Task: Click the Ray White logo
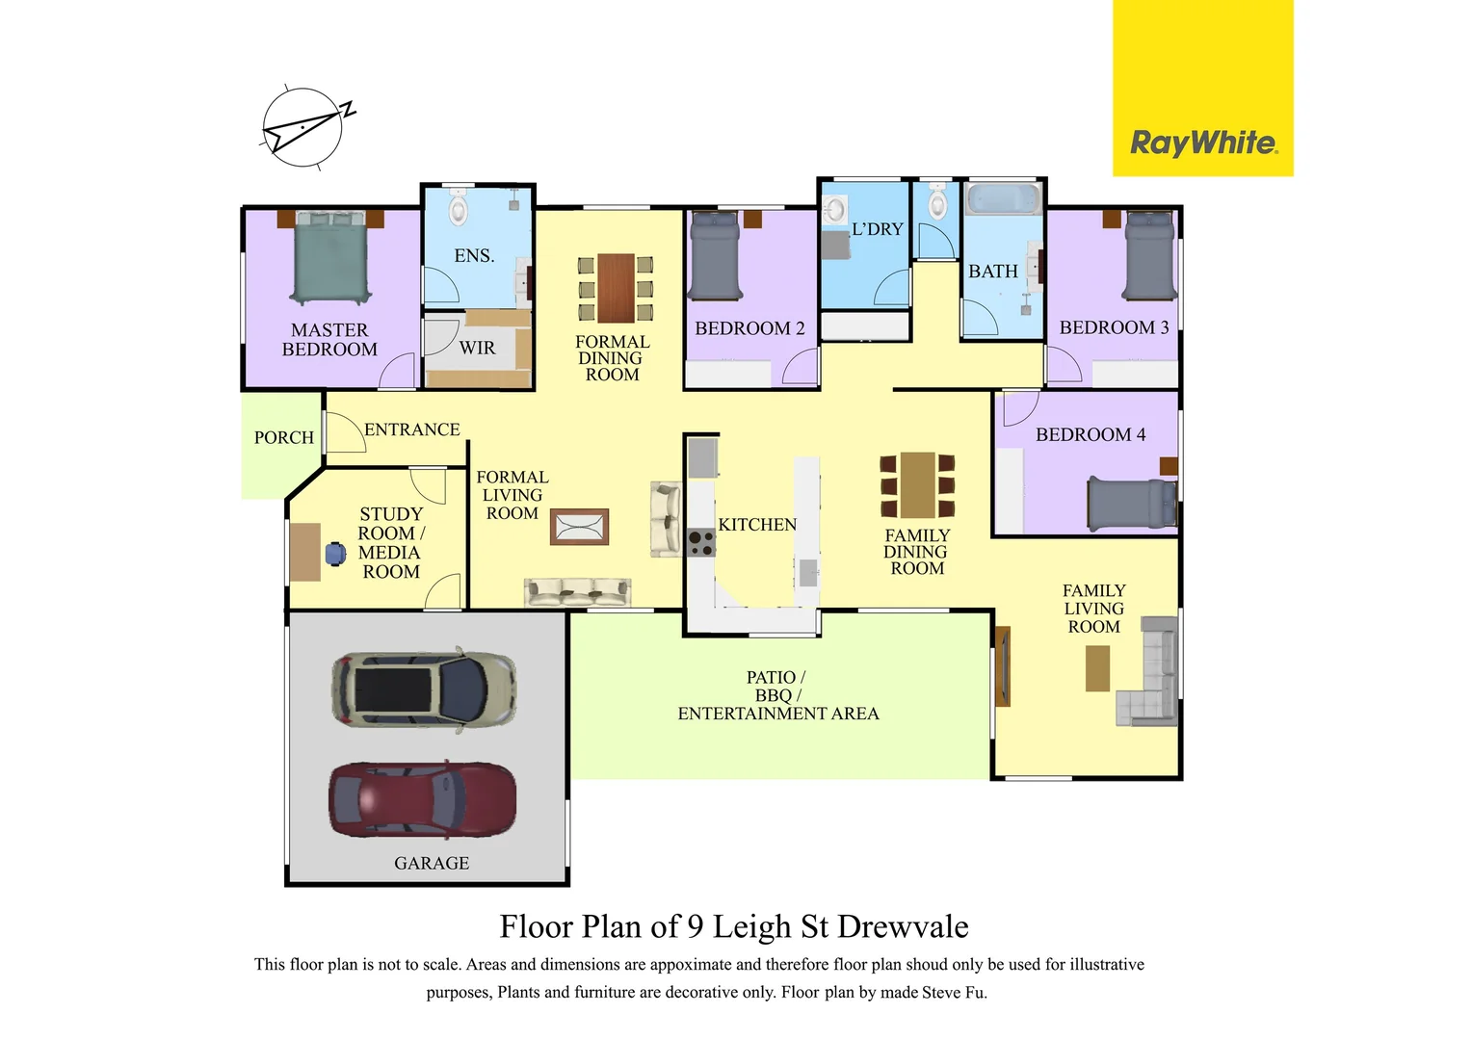point(1202,143)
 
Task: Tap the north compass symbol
point(303,127)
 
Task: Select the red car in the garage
point(422,800)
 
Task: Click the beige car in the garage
point(424,689)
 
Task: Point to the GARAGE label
point(432,864)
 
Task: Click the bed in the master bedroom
point(330,258)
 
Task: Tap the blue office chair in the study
point(335,554)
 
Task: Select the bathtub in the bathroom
point(1003,199)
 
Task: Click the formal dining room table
point(616,287)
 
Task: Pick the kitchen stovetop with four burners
point(701,543)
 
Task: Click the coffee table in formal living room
point(579,527)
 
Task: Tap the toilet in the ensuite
point(459,208)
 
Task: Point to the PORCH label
point(284,437)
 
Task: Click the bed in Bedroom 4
point(1131,503)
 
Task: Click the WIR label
point(477,348)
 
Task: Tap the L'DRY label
point(877,229)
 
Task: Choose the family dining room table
point(917,485)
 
